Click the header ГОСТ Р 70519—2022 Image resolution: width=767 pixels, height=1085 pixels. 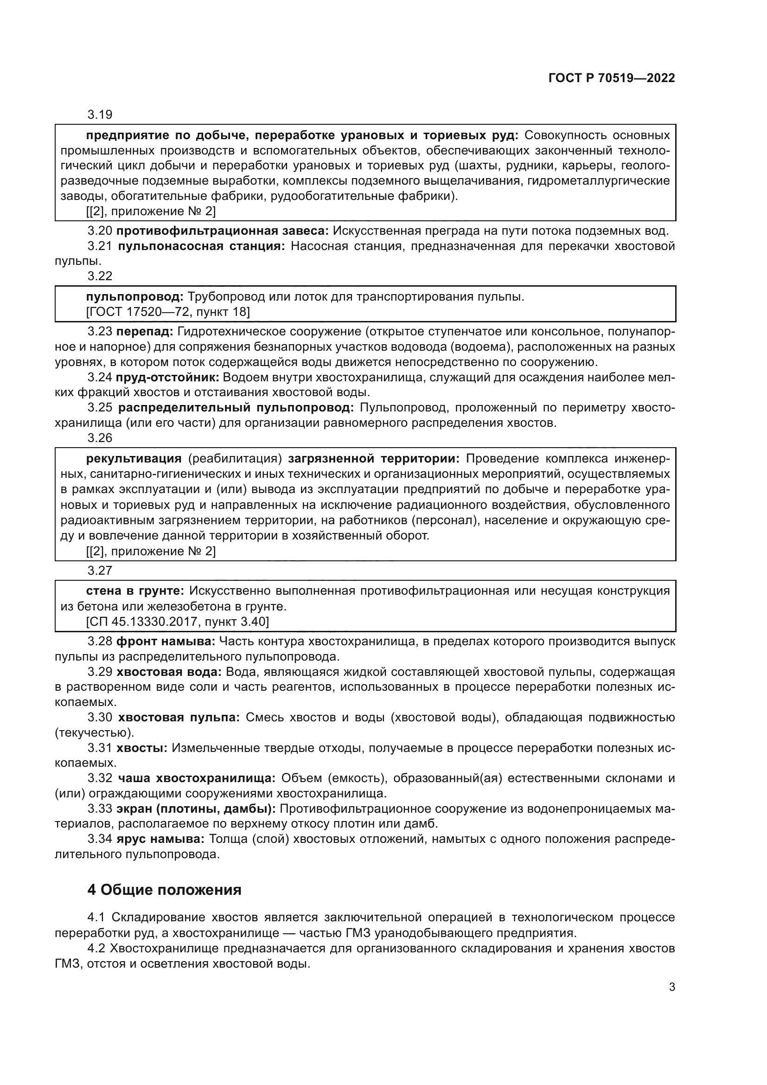point(612,78)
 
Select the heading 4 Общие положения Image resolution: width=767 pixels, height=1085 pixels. point(164,889)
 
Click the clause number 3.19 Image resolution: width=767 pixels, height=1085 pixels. point(100,115)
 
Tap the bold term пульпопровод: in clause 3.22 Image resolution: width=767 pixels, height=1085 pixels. point(134,297)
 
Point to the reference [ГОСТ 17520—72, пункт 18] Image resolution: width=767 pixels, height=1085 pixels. point(168,312)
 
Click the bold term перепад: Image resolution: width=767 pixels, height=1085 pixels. point(145,332)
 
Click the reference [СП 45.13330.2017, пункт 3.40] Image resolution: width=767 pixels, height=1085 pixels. point(178,622)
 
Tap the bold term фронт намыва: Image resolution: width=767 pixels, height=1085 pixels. point(166,641)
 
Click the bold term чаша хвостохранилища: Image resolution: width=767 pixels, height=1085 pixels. point(197,778)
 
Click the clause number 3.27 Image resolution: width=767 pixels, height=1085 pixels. point(100,571)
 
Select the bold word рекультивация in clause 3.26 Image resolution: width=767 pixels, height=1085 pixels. point(134,458)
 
